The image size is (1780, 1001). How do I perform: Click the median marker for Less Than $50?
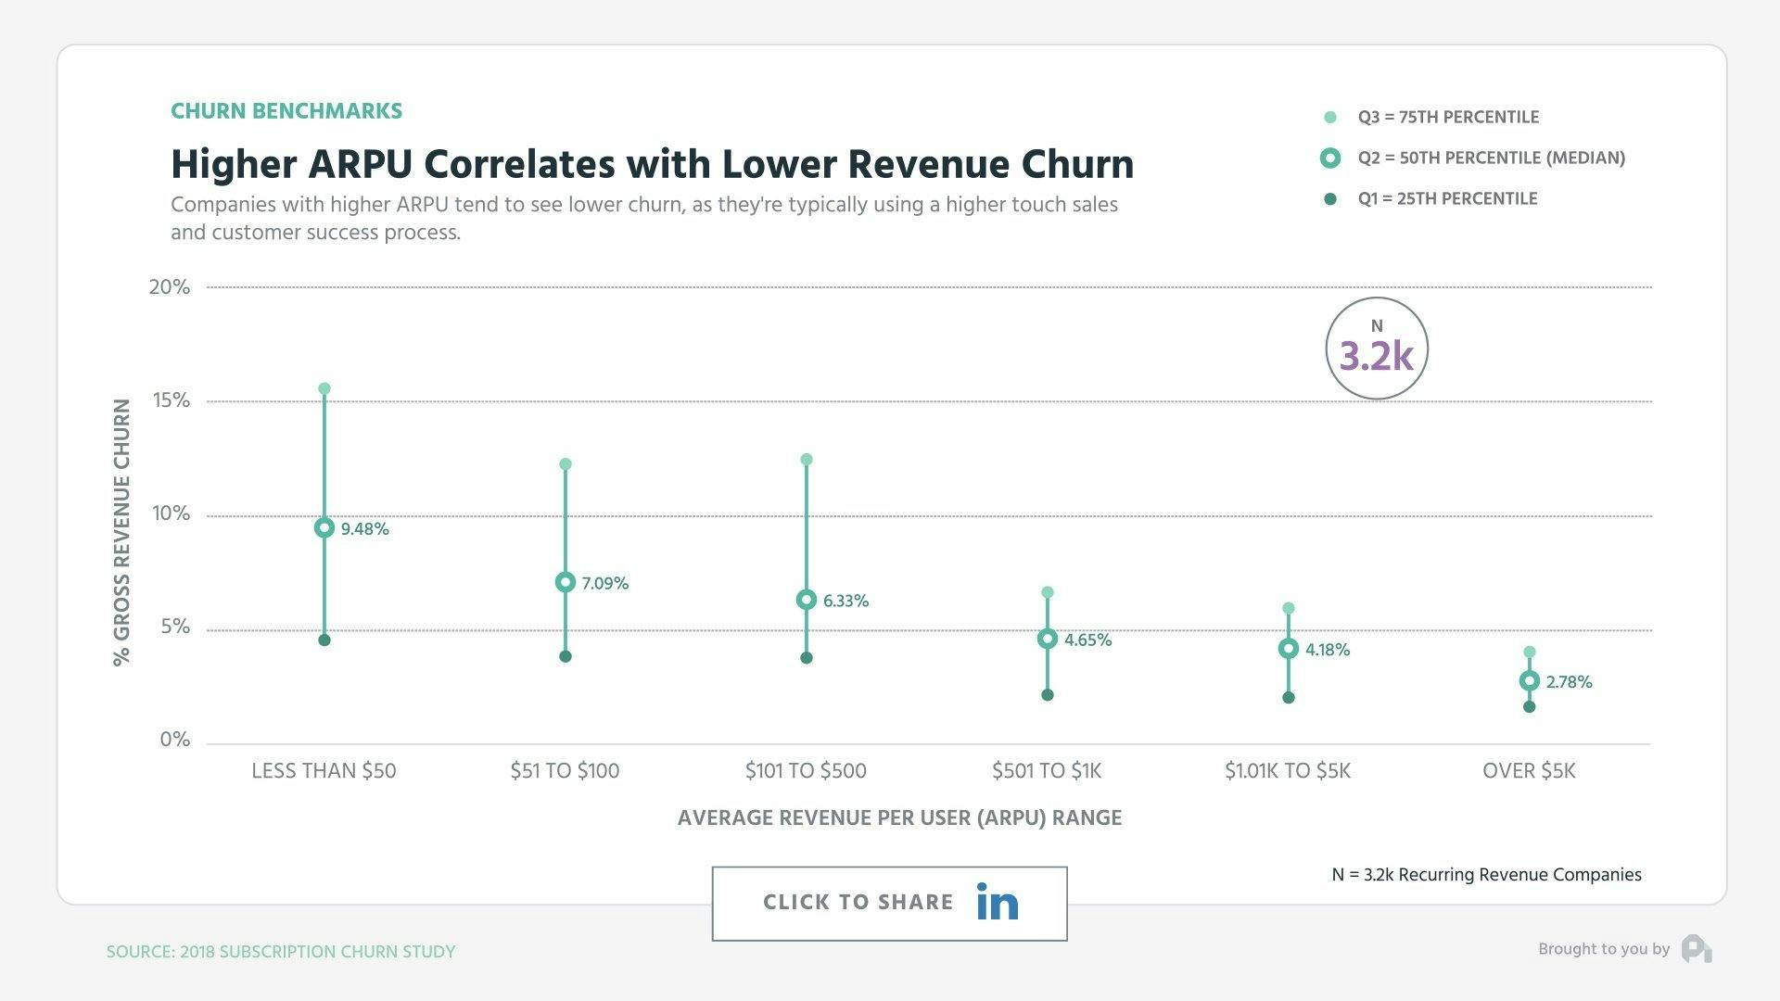point(324,527)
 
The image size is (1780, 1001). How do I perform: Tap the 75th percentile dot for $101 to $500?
point(807,460)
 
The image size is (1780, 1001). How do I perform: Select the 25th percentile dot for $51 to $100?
point(566,656)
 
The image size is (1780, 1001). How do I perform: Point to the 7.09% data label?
point(605,583)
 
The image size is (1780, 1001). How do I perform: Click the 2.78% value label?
point(1569,682)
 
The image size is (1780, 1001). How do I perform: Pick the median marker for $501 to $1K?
point(1048,639)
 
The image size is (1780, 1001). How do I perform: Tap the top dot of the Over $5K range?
point(1530,653)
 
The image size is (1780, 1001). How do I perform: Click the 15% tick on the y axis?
point(172,400)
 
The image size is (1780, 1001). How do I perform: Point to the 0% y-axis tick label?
point(174,740)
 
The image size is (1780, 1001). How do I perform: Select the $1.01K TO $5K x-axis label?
point(1288,771)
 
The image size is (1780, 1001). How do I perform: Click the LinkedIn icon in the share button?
point(998,902)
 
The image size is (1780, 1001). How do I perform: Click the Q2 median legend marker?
point(1330,158)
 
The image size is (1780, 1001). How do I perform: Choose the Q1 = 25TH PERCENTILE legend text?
point(1447,198)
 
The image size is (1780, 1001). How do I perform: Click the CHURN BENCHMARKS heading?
point(286,111)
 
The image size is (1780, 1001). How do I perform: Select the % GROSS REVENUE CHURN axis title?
point(121,532)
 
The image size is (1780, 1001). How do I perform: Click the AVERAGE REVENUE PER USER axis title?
point(899,817)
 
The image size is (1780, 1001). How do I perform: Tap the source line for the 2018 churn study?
point(281,952)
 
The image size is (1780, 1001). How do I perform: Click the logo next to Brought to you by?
point(1697,949)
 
